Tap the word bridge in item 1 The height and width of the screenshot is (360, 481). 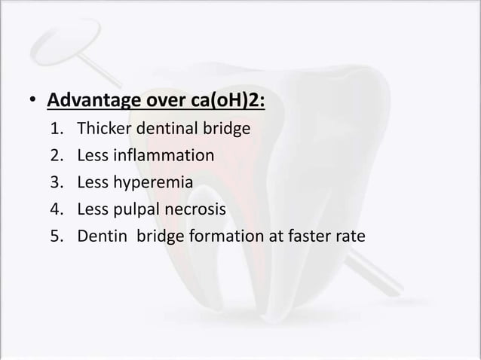[223, 129]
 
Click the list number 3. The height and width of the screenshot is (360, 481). [57, 182]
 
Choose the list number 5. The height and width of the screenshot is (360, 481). [57, 236]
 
